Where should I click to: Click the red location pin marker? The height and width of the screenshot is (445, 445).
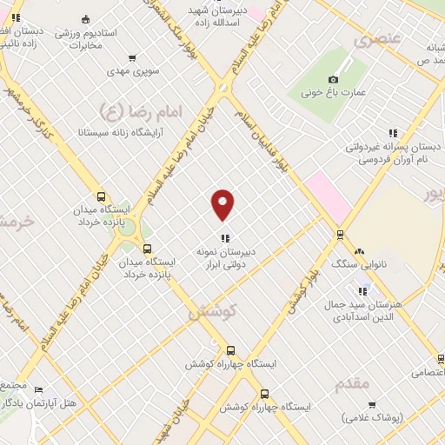coord(223,203)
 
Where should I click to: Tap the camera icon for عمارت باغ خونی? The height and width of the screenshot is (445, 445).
coord(333,80)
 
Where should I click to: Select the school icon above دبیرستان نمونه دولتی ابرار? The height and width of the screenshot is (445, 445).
coord(224,237)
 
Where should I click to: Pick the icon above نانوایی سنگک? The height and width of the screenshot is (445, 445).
coord(359,250)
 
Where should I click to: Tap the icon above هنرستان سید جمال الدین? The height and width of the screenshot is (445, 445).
coord(363,288)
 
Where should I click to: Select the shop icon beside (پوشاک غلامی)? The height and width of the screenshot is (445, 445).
coord(373,405)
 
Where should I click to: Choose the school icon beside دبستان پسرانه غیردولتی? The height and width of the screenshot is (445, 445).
coord(392,134)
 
